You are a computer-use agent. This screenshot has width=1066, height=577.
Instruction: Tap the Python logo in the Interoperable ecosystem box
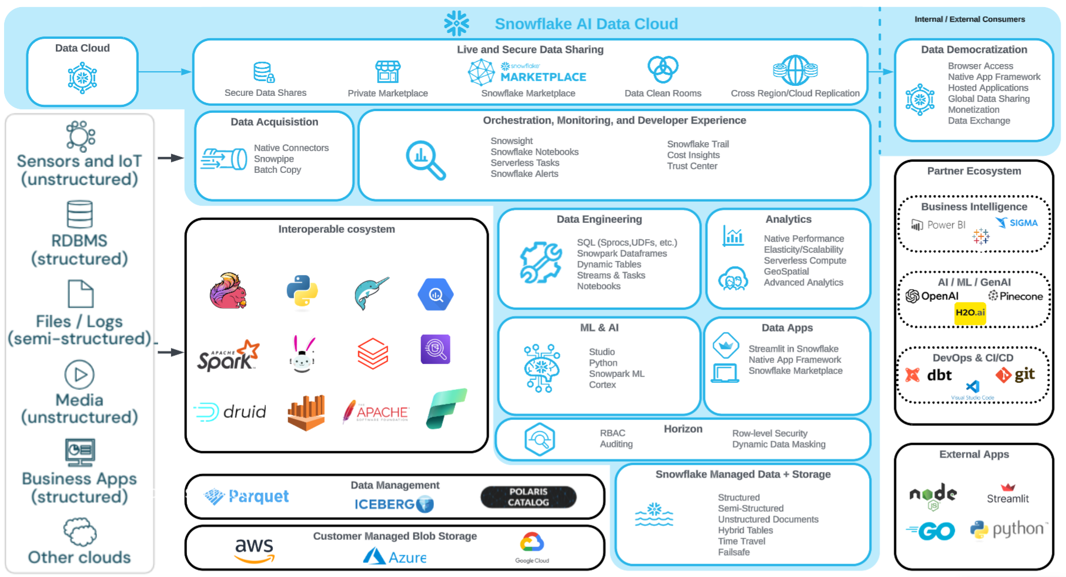(x=302, y=291)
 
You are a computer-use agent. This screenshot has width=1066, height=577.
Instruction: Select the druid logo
(x=230, y=412)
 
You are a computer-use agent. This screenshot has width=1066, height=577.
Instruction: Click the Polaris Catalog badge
(x=528, y=497)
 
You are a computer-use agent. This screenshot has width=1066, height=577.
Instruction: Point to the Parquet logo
(x=247, y=497)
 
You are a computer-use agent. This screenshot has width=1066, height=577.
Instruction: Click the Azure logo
(x=395, y=556)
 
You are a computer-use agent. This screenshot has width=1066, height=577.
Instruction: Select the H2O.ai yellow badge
(x=970, y=313)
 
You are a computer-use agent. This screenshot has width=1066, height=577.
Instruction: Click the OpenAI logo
(x=932, y=296)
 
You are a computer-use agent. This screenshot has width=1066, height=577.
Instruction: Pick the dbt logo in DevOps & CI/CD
(x=928, y=375)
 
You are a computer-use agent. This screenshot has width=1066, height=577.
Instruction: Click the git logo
(x=1015, y=375)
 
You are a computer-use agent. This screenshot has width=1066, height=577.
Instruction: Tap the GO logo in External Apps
(x=931, y=532)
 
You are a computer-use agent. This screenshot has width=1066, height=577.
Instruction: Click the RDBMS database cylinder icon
(x=79, y=214)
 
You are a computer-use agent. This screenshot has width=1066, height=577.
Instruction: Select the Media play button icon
(x=79, y=375)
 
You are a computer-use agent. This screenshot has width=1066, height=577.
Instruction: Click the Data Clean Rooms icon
(x=663, y=70)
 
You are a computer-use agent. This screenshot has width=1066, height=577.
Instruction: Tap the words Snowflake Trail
(x=698, y=144)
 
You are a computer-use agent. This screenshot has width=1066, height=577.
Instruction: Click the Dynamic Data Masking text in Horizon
(x=778, y=445)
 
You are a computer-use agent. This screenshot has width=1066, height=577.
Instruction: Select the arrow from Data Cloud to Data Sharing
(x=165, y=72)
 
